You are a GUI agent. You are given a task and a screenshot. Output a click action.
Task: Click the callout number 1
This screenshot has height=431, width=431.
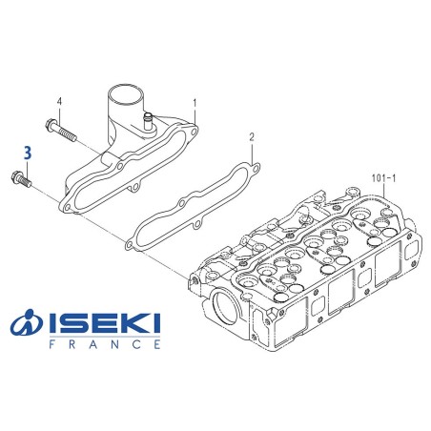coord(195,101)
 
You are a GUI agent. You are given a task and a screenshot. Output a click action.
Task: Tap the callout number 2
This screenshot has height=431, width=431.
coord(252,137)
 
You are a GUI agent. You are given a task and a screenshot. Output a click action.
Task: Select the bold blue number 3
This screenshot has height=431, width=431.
coord(28,152)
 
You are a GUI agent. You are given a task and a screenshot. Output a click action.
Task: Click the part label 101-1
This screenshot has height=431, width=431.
coord(380,178)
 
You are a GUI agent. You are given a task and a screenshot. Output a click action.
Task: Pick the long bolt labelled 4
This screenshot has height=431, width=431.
coord(59,129)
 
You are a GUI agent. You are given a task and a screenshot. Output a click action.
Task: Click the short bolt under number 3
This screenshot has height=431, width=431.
coord(21,177)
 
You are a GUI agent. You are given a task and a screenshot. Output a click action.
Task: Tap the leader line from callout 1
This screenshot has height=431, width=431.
coord(195,112)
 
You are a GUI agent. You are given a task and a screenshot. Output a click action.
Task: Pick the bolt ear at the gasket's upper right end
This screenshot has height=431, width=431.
coord(252,171)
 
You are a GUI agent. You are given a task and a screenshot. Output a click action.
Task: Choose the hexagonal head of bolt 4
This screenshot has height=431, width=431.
coord(47,123)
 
